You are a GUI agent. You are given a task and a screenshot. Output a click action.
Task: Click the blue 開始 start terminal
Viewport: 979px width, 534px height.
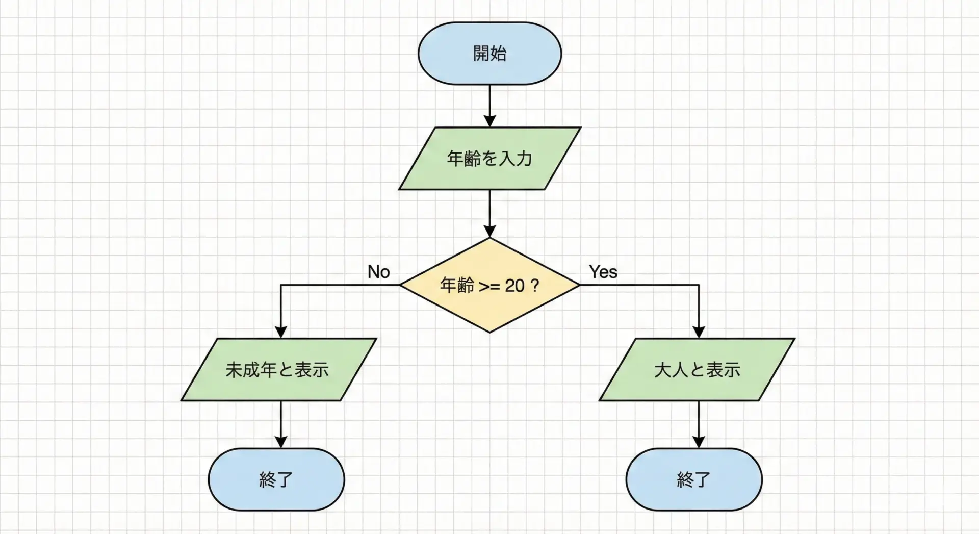(x=489, y=53)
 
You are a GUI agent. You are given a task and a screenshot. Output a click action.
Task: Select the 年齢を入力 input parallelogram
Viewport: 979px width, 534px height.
(x=489, y=159)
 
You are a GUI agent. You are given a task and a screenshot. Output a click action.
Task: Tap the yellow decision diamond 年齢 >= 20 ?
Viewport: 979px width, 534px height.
(x=489, y=285)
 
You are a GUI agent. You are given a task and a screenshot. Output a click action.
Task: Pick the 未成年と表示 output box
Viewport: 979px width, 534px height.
(x=278, y=370)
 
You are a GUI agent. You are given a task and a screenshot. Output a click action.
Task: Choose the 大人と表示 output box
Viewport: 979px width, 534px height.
(x=697, y=370)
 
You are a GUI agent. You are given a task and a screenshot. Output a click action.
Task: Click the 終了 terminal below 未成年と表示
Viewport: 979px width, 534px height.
(x=276, y=479)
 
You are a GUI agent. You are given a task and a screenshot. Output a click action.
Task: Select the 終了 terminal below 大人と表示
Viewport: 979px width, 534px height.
(x=694, y=479)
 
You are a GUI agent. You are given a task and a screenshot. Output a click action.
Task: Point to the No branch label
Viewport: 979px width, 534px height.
(x=379, y=272)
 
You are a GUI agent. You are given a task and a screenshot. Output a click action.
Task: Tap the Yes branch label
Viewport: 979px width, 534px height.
(x=603, y=272)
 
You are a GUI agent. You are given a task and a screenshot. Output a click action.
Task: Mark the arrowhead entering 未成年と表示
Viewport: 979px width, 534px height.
(x=281, y=332)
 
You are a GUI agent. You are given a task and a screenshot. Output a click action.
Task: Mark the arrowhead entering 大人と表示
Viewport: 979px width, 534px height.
(x=699, y=332)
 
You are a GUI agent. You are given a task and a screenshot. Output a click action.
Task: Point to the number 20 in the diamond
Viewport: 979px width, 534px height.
(x=514, y=286)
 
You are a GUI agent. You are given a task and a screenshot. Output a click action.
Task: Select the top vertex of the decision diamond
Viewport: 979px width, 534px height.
(x=489, y=239)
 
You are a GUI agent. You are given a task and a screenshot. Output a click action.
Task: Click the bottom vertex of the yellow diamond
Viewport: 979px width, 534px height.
(x=489, y=332)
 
